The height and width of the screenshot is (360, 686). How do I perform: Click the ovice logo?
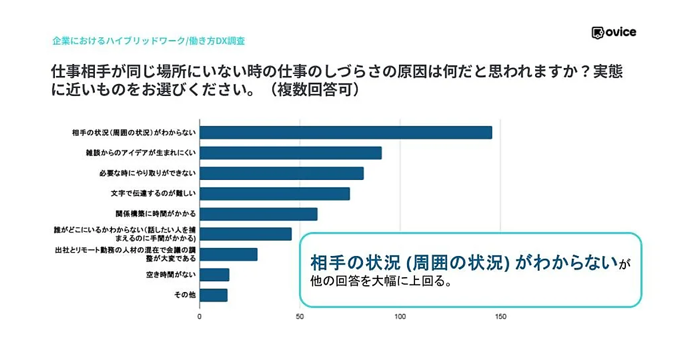tap(613, 33)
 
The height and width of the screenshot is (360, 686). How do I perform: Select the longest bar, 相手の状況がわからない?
tap(346, 133)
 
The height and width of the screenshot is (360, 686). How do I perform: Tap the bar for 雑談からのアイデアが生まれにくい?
tap(290, 153)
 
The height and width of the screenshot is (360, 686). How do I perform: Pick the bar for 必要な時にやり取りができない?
tap(281, 173)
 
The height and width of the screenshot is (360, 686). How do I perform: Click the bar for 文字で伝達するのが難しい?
tap(274, 194)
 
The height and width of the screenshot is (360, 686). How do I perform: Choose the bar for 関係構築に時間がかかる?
tap(258, 214)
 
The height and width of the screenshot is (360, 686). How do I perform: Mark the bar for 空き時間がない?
tap(214, 275)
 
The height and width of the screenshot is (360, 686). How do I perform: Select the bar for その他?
tap(213, 295)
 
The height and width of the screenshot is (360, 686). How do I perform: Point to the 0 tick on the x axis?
tap(200, 316)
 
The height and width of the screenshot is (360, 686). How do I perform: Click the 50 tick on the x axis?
tap(300, 316)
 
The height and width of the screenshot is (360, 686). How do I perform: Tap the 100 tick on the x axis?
tap(400, 316)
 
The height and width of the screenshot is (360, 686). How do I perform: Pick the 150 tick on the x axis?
tap(500, 316)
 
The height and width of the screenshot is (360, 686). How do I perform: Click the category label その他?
tap(185, 295)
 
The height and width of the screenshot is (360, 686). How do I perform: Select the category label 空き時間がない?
tap(171, 275)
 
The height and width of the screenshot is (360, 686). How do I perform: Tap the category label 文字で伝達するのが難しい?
tap(153, 194)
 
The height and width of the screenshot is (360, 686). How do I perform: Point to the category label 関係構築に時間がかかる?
tap(155, 214)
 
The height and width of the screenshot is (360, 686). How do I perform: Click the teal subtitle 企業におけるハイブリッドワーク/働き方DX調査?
tap(149, 41)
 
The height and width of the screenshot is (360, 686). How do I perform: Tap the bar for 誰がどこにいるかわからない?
tap(245, 234)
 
